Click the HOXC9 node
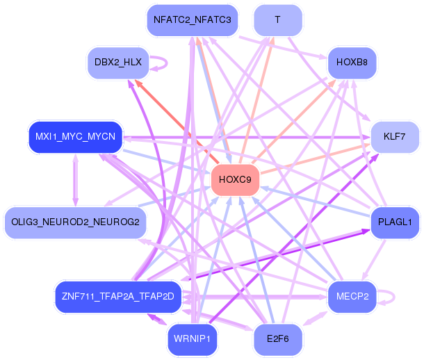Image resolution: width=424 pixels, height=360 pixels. [x=235, y=179]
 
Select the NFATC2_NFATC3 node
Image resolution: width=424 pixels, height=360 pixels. [x=193, y=20]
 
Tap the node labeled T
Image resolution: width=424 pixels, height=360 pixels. [x=278, y=20]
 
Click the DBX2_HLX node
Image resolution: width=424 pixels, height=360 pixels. [x=118, y=63]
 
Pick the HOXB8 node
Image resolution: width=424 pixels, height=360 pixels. [x=352, y=63]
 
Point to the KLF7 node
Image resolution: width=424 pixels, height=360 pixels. [x=395, y=137]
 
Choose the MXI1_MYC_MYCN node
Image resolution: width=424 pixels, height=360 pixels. [x=76, y=137]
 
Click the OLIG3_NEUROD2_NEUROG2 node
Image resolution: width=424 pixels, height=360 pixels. [x=76, y=222]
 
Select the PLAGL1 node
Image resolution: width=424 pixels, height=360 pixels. [x=395, y=222]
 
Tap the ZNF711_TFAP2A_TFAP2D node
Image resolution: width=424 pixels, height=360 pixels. [x=118, y=297]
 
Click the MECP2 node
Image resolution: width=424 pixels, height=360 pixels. [x=352, y=297]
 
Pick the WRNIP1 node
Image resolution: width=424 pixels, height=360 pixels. [x=193, y=339]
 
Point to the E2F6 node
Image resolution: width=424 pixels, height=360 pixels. [x=278, y=339]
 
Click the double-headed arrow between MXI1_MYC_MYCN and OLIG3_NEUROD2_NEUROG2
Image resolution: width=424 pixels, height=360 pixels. [x=76, y=180]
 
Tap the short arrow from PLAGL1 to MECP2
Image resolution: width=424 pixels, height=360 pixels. [x=374, y=260]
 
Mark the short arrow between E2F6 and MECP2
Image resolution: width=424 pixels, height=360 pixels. [x=315, y=318]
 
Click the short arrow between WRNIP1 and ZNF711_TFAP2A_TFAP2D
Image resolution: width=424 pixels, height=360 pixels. [x=157, y=319]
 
